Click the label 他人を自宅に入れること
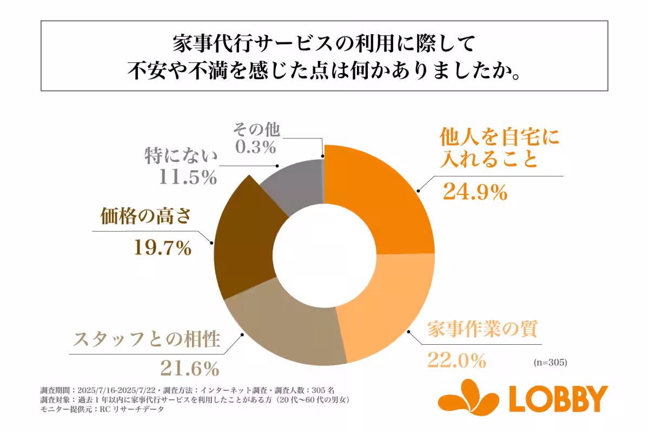(x=490, y=147)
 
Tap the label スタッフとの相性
(x=147, y=340)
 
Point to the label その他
(x=256, y=130)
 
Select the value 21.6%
(x=190, y=368)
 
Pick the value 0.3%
(x=256, y=147)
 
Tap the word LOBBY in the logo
(x=558, y=398)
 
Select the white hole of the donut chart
(x=325, y=254)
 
